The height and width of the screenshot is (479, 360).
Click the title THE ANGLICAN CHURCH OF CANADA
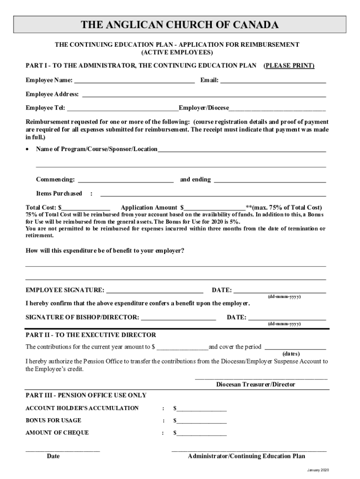click(x=180, y=25)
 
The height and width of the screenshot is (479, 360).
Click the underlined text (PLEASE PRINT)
click(x=289, y=65)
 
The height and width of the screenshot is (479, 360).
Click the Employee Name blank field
click(x=134, y=80)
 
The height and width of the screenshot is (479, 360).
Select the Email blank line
click(x=273, y=80)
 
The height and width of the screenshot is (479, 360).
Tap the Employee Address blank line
click(x=204, y=94)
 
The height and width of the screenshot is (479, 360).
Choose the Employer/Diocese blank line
click(x=277, y=108)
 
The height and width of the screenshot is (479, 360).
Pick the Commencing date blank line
click(x=126, y=180)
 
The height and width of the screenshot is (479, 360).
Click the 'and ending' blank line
click(x=270, y=180)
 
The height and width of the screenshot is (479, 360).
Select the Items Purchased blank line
click(x=213, y=194)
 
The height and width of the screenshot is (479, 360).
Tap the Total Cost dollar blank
click(x=86, y=208)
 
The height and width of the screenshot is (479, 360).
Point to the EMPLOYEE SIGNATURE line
click(x=155, y=290)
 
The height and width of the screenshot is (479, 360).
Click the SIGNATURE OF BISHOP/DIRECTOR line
click(x=178, y=318)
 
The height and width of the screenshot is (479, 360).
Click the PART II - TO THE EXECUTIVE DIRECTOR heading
click(x=91, y=335)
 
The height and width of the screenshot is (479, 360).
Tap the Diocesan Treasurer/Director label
click(x=256, y=385)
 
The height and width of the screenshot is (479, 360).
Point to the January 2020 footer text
click(x=318, y=470)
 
